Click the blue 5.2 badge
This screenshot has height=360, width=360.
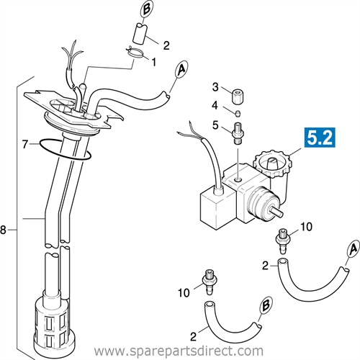pyautogui.click(x=318, y=138)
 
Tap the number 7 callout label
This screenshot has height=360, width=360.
pyautogui.click(x=24, y=145)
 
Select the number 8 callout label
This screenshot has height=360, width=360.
pyautogui.click(x=5, y=230)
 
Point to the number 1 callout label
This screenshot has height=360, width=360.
pyautogui.click(x=153, y=62)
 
